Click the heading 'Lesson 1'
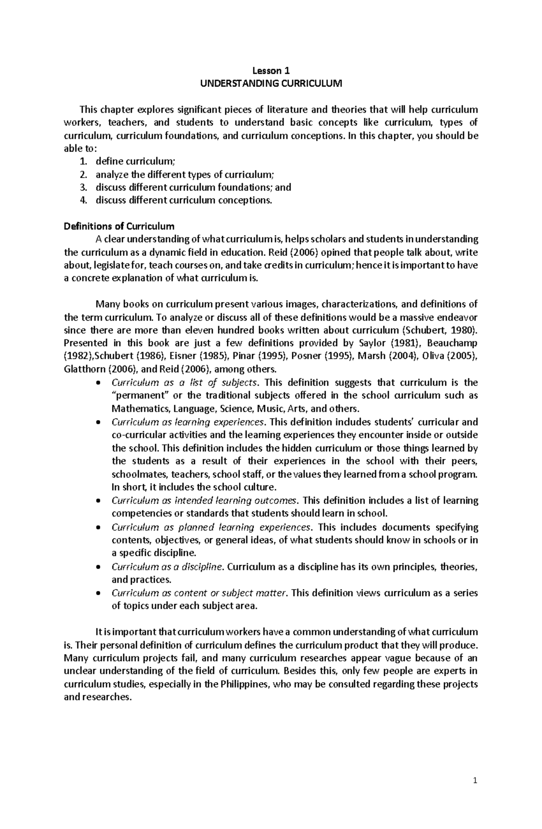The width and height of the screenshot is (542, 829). [271, 70]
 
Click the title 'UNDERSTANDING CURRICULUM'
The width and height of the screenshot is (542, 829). [271, 84]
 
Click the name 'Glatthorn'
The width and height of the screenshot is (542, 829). [85, 369]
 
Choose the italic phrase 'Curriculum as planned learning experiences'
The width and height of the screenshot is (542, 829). [211, 528]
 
